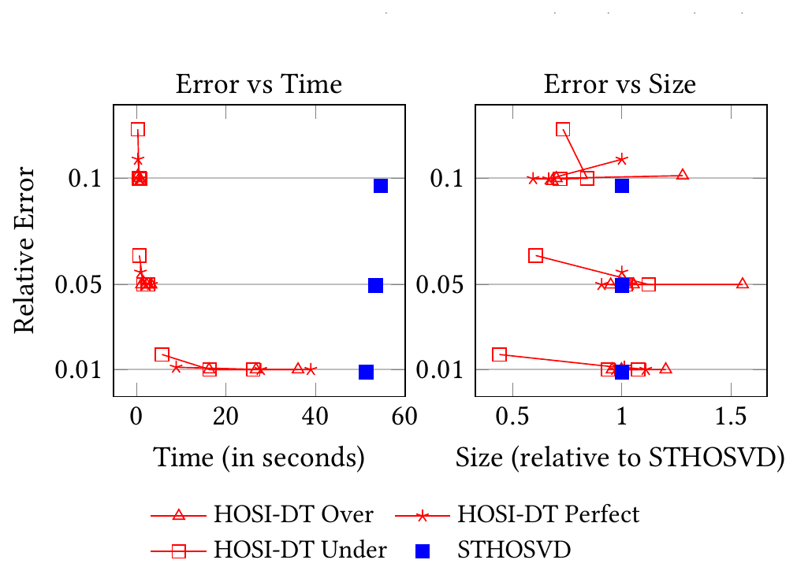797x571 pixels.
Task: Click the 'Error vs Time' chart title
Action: point(259,83)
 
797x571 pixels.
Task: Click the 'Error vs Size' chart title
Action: point(620,83)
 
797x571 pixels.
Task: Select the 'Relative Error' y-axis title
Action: point(24,250)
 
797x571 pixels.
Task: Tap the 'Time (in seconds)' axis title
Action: point(259,458)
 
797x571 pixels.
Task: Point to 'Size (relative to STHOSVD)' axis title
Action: point(620,458)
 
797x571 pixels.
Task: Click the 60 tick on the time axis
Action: point(404,417)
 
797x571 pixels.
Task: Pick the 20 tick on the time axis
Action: point(225,417)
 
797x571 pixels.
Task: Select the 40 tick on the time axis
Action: point(315,417)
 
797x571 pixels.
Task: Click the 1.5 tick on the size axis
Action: point(731,417)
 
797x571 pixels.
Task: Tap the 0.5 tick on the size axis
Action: point(512,417)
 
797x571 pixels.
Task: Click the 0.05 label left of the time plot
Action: point(78,284)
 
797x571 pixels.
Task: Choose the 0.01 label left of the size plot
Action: point(440,369)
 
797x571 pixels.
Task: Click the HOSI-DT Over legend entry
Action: point(263,514)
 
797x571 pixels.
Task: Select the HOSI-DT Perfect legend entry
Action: point(517,514)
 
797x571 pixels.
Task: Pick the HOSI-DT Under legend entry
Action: point(269,551)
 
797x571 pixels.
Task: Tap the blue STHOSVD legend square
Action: point(423,551)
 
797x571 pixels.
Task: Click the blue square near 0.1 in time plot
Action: point(381,186)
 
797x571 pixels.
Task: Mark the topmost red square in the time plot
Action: point(138,129)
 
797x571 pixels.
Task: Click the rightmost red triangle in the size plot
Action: point(743,284)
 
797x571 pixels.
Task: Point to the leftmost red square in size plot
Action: point(500,354)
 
